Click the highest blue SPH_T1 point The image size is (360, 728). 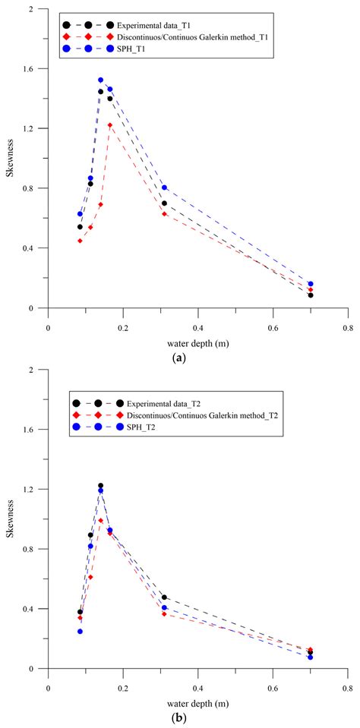100,80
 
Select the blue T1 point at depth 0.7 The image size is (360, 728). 311,284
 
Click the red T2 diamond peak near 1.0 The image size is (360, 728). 100,520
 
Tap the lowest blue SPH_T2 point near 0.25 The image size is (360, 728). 80,631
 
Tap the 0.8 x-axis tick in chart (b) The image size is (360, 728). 347,682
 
